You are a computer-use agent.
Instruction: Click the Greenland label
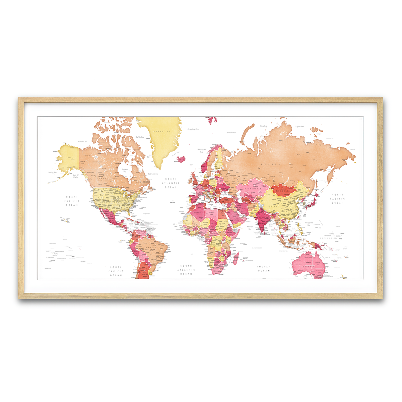coord(162,132)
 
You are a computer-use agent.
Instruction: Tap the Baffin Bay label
coord(140,137)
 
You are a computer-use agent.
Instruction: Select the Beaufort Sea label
coord(82,141)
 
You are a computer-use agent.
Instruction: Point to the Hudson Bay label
coord(125,170)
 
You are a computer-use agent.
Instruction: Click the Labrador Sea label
coord(153,174)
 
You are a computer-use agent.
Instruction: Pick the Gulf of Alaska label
coord(76,176)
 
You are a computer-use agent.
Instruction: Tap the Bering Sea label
coord(53,173)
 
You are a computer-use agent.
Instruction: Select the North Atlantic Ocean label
coord(171,183)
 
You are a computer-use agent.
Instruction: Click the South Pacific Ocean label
coord(116,271)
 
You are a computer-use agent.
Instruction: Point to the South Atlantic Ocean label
coord(186,270)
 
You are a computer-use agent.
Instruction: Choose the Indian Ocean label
coord(264,269)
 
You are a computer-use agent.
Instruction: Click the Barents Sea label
coord(231,133)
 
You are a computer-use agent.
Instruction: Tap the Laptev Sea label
coord(299,127)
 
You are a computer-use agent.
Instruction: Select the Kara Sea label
coord(264,126)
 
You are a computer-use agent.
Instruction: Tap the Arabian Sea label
coord(250,227)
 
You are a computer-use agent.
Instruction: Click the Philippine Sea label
coord(309,223)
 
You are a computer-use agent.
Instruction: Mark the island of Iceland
coord(181,158)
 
